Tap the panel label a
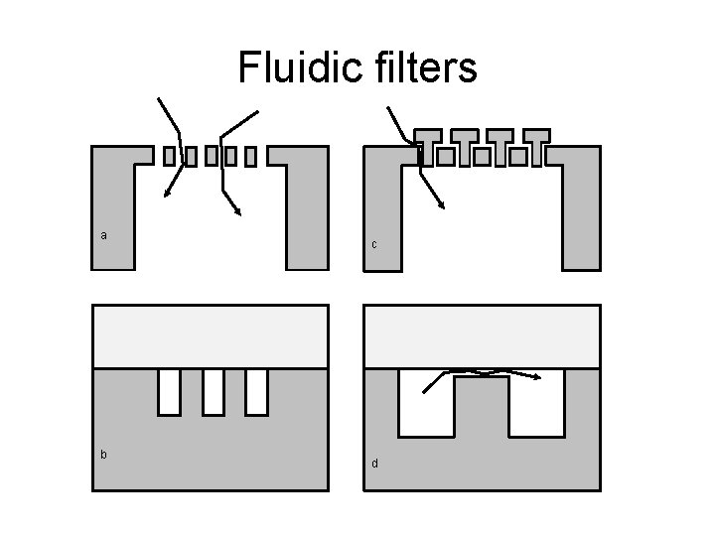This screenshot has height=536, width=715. (x=104, y=235)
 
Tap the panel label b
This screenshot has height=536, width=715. (x=104, y=454)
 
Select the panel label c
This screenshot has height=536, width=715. (x=374, y=244)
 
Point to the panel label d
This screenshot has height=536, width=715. (x=374, y=463)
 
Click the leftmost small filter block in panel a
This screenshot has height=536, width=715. (x=169, y=156)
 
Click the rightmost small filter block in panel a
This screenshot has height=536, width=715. (x=250, y=156)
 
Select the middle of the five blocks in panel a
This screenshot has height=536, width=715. (x=211, y=156)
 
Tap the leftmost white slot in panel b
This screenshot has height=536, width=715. (x=169, y=391)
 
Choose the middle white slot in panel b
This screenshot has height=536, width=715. (x=213, y=391)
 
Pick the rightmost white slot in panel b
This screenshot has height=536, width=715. (x=256, y=391)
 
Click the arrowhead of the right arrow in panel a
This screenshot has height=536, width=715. (x=239, y=211)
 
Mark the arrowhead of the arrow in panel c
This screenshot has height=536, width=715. (x=442, y=205)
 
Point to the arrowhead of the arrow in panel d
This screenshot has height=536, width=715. (x=537, y=377)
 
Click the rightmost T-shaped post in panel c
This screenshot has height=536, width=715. (x=537, y=144)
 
